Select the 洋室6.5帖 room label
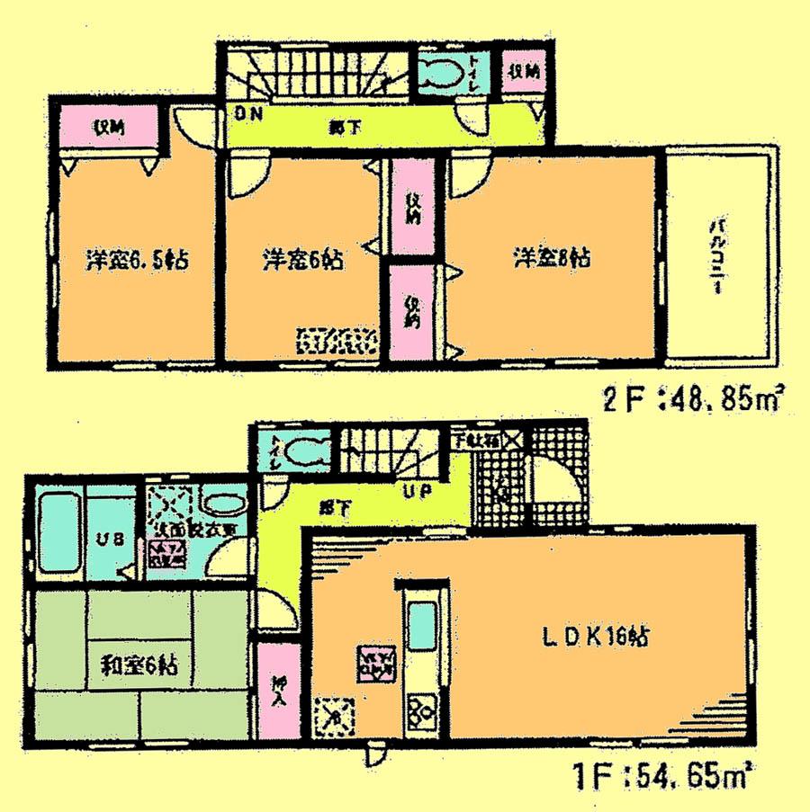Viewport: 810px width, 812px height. (138, 261)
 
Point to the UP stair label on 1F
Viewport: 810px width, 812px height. (415, 492)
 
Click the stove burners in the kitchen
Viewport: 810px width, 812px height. (418, 711)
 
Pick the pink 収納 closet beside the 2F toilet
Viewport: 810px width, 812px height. (521, 72)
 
